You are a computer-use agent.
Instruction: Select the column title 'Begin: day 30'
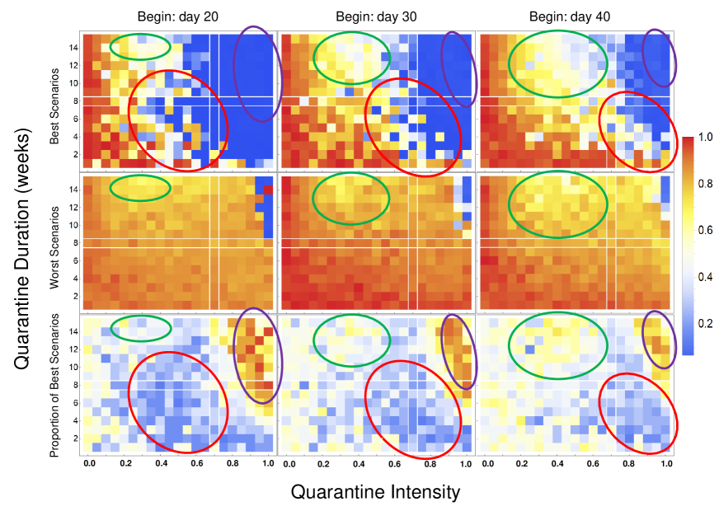374,17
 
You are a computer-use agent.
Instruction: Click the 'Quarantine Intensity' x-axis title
375,492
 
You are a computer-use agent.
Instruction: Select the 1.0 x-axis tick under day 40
666,465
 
